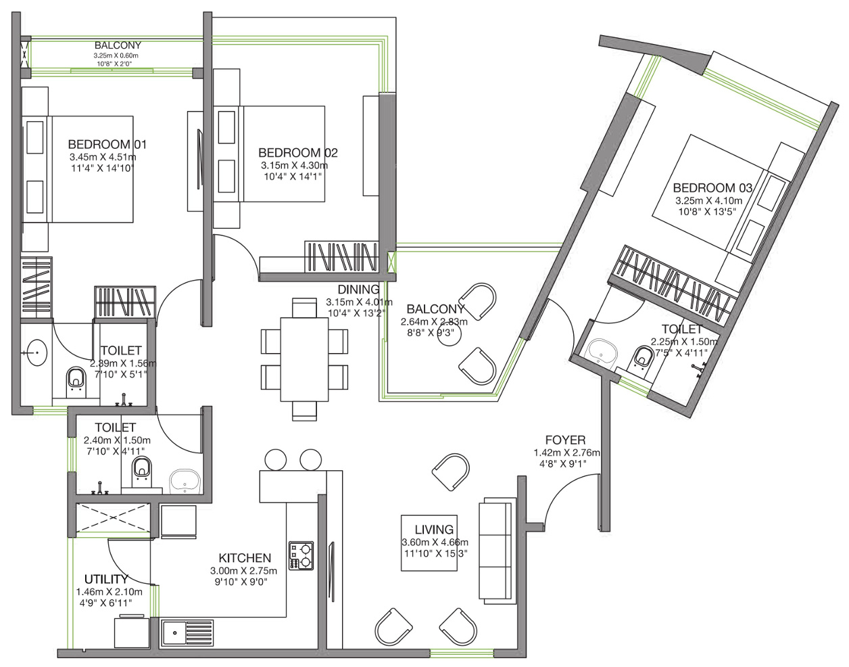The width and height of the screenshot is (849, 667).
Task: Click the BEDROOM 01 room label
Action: tap(107, 144)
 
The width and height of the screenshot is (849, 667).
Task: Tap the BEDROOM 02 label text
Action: tap(298, 152)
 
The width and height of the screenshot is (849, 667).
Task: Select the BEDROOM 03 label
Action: tap(712, 188)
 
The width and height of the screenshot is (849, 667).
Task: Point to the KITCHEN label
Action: tap(245, 557)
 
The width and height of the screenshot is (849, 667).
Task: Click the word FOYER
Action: tap(565, 440)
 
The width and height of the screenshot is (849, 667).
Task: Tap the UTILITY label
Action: tap(106, 578)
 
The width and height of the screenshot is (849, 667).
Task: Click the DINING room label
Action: tap(358, 290)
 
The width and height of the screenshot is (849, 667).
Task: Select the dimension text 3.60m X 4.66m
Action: tap(435, 543)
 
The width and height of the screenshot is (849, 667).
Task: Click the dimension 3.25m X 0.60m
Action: tap(116, 55)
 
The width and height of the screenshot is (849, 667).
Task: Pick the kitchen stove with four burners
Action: tap(301, 555)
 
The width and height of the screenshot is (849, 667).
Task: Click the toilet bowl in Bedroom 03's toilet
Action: tap(642, 358)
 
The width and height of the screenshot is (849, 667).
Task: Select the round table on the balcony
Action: tap(449, 334)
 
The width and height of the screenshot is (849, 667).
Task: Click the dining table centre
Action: tap(304, 360)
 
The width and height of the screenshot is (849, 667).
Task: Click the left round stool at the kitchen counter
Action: tap(275, 460)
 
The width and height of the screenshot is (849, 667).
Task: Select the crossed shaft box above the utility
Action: tap(113, 517)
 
